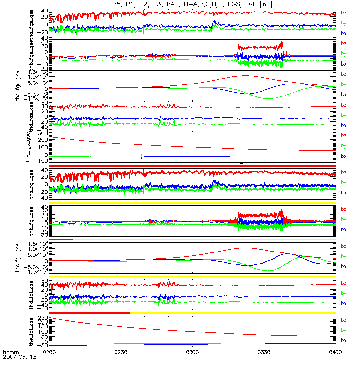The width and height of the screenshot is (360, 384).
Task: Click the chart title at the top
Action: coord(192,4)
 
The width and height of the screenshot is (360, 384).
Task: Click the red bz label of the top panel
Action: coord(343,13)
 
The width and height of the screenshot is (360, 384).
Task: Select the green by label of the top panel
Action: coord(343,23)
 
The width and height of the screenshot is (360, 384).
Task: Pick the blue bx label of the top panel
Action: coord(343,34)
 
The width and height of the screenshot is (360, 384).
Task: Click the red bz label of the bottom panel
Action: coord(343,320)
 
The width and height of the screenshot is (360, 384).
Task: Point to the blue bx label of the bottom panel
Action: coord(343,340)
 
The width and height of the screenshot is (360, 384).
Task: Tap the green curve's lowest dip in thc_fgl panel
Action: coord(268,271)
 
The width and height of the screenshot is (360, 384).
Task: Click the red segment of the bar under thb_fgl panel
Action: coord(61,239)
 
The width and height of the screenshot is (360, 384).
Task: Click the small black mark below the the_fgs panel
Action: coord(241,163)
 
